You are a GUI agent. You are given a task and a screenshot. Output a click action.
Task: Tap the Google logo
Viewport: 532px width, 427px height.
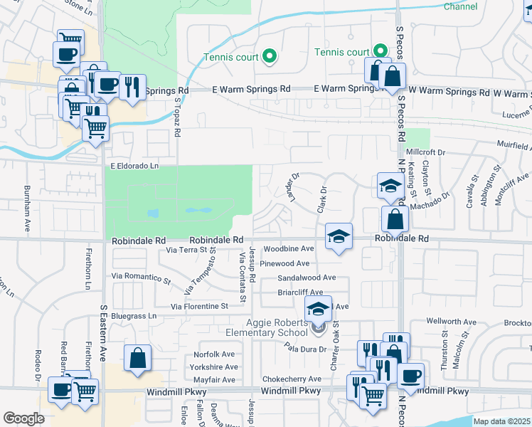tap(23, 418)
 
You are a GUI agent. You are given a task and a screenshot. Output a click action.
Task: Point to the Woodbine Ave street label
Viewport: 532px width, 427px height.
tap(288, 249)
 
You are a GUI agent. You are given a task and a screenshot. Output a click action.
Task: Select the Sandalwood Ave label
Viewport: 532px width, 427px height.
tap(307, 278)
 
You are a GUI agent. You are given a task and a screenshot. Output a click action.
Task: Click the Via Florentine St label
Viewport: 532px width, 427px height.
tap(198, 307)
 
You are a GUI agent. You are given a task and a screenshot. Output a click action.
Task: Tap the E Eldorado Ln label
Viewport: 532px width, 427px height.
tap(134, 167)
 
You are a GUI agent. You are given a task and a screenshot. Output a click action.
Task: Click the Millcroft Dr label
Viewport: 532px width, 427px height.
tap(425, 152)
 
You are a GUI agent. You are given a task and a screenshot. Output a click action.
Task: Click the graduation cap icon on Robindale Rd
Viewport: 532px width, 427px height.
tap(339, 236)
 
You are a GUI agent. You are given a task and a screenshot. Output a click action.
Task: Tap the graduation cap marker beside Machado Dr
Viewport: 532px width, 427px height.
tap(390, 186)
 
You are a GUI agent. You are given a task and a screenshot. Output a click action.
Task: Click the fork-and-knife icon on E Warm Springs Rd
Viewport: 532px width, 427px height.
tap(132, 88)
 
